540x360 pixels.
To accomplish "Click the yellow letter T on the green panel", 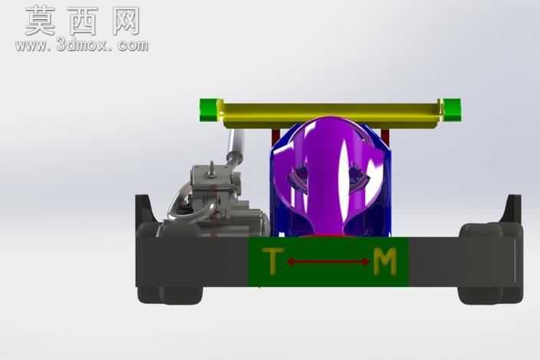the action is (x=273, y=261).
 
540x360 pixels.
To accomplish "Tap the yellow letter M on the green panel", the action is (x=385, y=262).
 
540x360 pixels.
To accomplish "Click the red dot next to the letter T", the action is (x=291, y=262).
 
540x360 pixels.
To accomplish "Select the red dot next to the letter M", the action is (x=365, y=262).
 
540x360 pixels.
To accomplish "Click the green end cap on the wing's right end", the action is (x=452, y=110).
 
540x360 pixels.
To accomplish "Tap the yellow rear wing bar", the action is (x=331, y=114).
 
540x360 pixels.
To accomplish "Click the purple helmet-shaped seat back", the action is (x=330, y=176).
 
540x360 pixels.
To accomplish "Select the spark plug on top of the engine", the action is (x=212, y=169).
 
